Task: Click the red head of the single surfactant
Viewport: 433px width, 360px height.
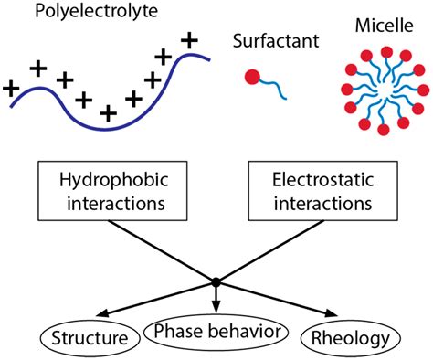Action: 252,79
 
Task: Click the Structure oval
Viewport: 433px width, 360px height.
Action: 90,340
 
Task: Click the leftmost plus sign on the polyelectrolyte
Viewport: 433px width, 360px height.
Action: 12,89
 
